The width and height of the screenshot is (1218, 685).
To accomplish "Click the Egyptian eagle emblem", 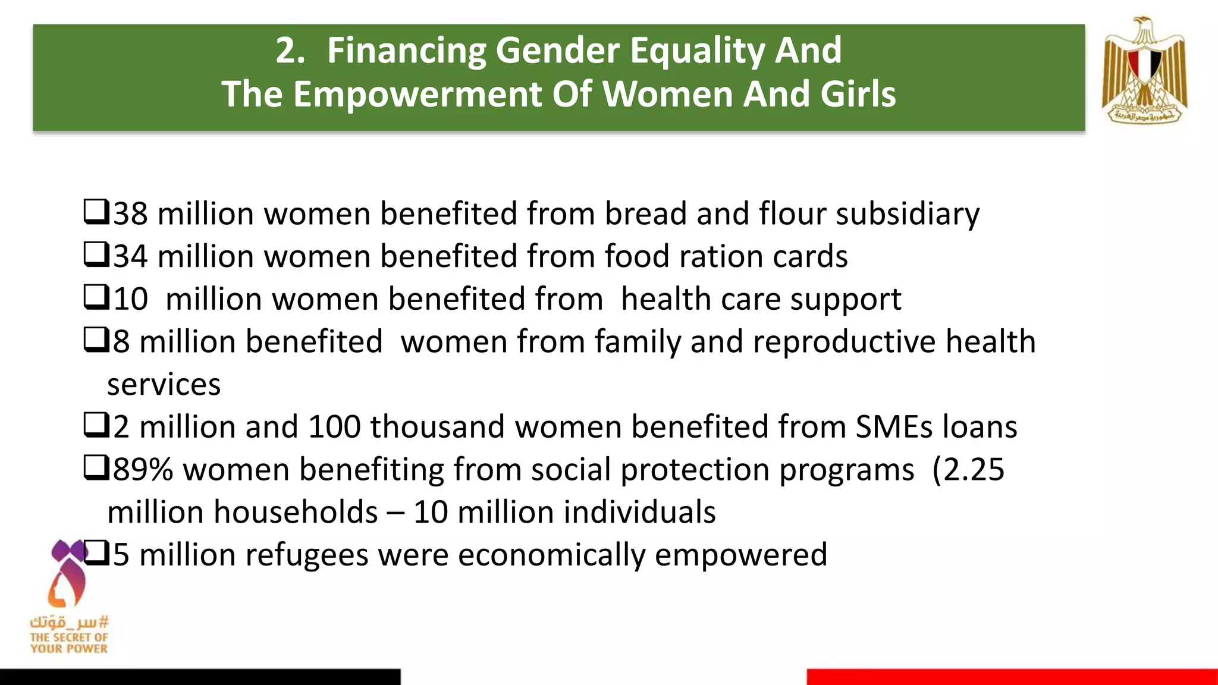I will coord(1144,70).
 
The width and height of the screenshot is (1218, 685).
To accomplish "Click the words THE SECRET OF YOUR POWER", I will coord(69,643).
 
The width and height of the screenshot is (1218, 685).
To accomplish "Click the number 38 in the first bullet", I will coord(130,213).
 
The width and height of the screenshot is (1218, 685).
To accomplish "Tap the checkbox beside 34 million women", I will coord(96,254).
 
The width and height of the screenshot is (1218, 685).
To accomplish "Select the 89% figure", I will coord(143,470).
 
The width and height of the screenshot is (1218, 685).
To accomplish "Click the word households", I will coord(296,513).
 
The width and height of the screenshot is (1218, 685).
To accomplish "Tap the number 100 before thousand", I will coord(334,427).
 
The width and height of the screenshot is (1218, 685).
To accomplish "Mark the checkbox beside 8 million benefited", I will coord(96,340).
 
